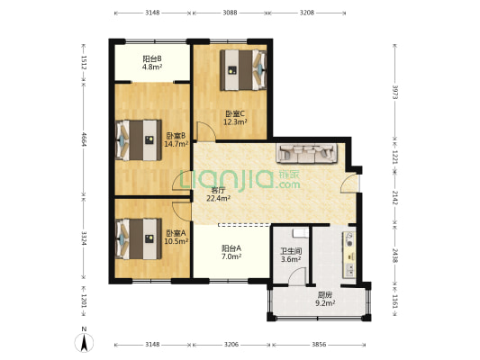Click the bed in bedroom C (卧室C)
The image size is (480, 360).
click(243, 70)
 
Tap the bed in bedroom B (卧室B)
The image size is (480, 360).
click(139, 140)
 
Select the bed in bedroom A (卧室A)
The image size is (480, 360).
click(139, 238)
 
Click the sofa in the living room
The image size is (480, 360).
click(306, 153)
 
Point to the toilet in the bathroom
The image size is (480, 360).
click(300, 233)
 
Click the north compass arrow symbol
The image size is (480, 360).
click(84, 343)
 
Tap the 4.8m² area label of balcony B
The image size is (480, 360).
click(152, 67)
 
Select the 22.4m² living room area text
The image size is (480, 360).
click(218, 199)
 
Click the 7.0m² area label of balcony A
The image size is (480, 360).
click(231, 256)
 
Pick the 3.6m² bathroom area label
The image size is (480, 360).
click(291, 260)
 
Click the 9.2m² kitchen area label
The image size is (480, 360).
click(325, 303)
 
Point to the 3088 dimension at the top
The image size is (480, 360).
click(230, 13)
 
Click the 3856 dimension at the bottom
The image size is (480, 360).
click(319, 345)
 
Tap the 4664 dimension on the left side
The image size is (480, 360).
click(84, 139)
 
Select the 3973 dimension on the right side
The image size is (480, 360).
click(395, 92)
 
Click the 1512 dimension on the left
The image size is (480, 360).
click(84, 62)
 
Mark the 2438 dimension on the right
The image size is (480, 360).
click(395, 256)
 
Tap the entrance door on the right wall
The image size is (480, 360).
click(349, 184)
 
